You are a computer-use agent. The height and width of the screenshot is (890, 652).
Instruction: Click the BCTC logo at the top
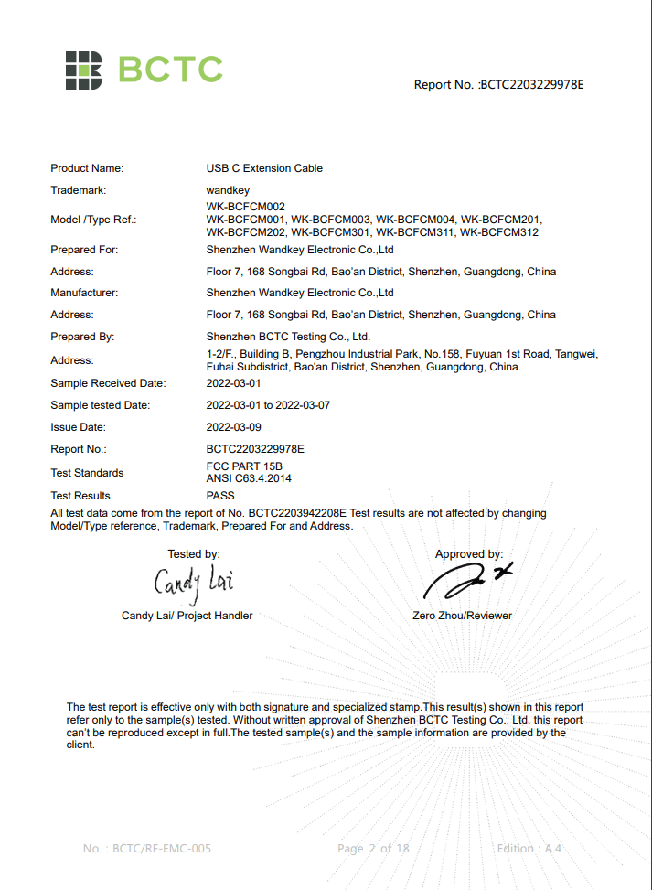pyautogui.click(x=144, y=69)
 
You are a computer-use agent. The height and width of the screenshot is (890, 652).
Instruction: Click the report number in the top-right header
pyautogui.click(x=498, y=85)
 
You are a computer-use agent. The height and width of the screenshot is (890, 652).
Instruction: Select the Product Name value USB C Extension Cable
pyautogui.click(x=264, y=168)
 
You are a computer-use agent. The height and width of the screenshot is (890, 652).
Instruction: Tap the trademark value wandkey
pyautogui.click(x=228, y=190)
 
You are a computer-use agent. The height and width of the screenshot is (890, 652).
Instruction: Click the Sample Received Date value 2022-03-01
pyautogui.click(x=233, y=383)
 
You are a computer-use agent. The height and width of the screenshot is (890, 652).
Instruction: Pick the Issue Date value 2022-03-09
pyautogui.click(x=233, y=427)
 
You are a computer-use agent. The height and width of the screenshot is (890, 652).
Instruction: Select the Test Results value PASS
pyautogui.click(x=220, y=495)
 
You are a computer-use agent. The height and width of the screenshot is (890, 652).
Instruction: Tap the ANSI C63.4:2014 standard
pyautogui.click(x=250, y=478)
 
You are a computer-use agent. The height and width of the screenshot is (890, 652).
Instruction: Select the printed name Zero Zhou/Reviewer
pyautogui.click(x=463, y=616)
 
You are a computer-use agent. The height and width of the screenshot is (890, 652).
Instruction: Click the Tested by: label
pyautogui.click(x=194, y=554)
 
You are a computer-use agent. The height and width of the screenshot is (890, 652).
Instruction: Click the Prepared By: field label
pyautogui.click(x=82, y=337)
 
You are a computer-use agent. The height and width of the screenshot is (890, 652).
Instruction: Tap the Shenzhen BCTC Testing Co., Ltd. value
pyautogui.click(x=288, y=337)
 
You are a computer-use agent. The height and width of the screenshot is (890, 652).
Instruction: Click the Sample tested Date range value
pyautogui.click(x=269, y=405)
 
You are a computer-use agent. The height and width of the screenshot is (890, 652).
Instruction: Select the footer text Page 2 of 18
pyautogui.click(x=373, y=849)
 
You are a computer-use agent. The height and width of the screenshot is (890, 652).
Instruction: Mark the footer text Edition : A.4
pyautogui.click(x=529, y=849)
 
